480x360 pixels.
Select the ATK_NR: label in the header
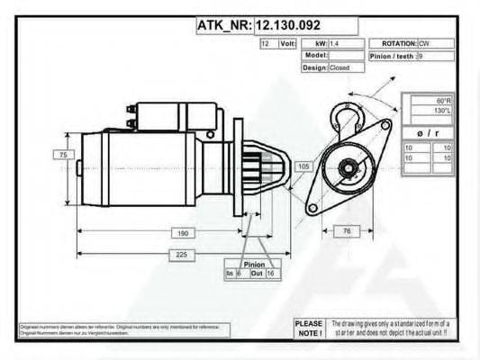224,25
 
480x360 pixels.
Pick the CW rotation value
423,43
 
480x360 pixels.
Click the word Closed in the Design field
340,67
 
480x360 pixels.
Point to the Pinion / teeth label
393,56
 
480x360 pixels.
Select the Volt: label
288,43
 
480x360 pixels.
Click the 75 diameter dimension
63,156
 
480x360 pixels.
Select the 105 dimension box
303,166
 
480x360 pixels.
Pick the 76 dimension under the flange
348,231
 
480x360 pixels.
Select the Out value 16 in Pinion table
269,273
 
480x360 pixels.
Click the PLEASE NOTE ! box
308,328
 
